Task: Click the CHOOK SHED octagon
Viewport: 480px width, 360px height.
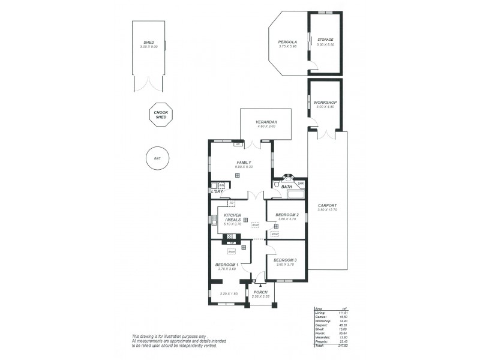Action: [161, 114]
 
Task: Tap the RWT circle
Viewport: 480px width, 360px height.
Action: [157, 158]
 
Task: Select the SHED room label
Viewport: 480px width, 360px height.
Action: [148, 42]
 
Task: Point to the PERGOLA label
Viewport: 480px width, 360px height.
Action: [287, 41]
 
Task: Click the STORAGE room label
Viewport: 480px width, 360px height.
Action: [325, 40]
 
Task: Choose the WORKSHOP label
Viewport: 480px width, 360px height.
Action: [325, 103]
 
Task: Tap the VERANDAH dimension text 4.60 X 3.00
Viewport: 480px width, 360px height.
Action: [266, 127]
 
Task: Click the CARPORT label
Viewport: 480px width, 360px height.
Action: [327, 205]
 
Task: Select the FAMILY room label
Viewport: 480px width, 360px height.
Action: [243, 163]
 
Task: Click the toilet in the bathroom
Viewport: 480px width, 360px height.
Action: [277, 185]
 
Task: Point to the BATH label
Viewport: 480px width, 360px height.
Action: [287, 187]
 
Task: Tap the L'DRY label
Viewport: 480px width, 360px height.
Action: [216, 191]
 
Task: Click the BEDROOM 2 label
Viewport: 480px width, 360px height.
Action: [286, 215]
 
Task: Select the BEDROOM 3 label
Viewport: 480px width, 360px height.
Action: [285, 260]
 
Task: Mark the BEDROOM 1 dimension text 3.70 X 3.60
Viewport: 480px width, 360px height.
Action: [227, 269]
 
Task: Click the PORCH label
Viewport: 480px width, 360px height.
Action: [261, 292]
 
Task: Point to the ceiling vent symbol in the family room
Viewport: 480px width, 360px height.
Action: [238, 175]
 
